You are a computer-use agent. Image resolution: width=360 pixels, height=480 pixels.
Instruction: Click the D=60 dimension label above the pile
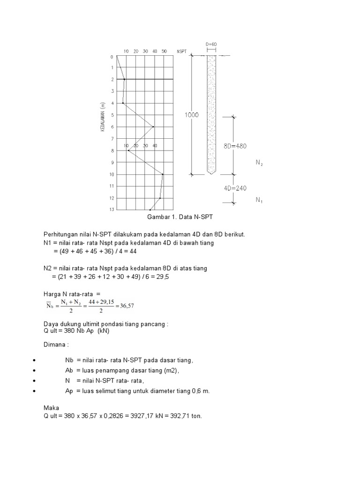pyautogui.click(x=211, y=45)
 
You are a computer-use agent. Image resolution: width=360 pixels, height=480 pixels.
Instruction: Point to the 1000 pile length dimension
pyautogui.click(x=192, y=115)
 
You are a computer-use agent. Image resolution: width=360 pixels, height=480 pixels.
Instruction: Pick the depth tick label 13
pyautogui.click(x=112, y=210)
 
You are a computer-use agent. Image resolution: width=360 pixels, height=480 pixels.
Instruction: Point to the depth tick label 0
pyautogui.click(x=112, y=57)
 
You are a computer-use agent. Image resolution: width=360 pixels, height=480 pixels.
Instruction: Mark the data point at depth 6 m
pyautogui.click(x=153, y=127)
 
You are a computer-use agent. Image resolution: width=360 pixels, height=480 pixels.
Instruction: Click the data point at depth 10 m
pyautogui.click(x=163, y=174)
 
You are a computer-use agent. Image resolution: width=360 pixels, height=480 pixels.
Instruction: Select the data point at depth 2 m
pyautogui.click(x=124, y=80)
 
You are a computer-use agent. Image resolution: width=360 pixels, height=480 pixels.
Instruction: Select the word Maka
pyautogui.click(x=51, y=408)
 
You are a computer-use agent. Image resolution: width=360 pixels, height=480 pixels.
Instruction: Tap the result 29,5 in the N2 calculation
pyautogui.click(x=161, y=277)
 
